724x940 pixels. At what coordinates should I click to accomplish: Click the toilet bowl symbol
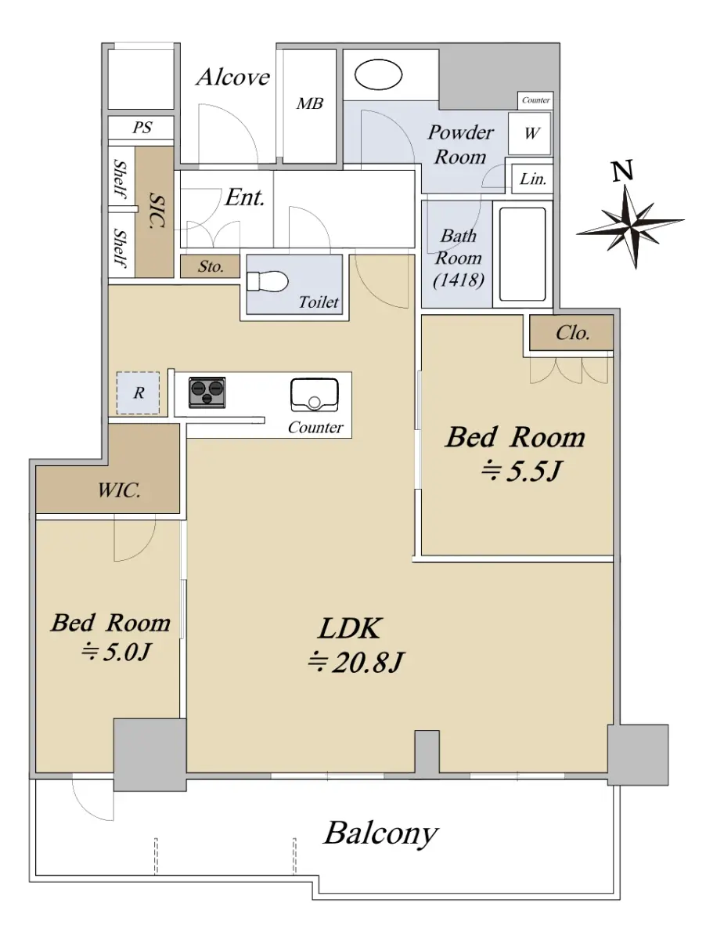pos(268,282)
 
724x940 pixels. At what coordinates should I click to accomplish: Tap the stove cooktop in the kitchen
pos(207,392)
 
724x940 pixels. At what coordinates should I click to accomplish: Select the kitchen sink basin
pos(314,395)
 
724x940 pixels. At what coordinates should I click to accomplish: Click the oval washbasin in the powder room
pos(378,74)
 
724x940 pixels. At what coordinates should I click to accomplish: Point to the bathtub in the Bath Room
pos(522,255)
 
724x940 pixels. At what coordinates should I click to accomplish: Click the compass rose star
pos(631,226)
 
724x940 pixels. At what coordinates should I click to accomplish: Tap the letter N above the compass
pos(623,171)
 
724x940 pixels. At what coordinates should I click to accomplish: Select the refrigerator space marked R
pos(138,392)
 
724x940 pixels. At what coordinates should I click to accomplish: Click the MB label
pos(309,103)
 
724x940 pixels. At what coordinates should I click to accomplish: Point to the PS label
pos(142,127)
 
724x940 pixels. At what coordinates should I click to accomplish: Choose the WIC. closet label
pos(119,490)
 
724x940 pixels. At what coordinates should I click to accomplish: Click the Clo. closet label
pos(573,333)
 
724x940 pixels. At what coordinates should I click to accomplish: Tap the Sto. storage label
pos(211,266)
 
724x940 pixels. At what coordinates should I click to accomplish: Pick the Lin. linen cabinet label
pos(533,179)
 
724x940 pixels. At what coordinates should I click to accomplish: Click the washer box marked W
pos(530,133)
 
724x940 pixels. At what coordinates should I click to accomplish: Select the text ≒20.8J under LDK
pos(355,662)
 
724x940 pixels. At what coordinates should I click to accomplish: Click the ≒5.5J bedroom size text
pos(521,471)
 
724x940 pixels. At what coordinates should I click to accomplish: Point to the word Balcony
pos(381,833)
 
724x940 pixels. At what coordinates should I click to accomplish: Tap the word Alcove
pos(233,77)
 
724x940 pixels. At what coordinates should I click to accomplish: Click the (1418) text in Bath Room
pos(459,280)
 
